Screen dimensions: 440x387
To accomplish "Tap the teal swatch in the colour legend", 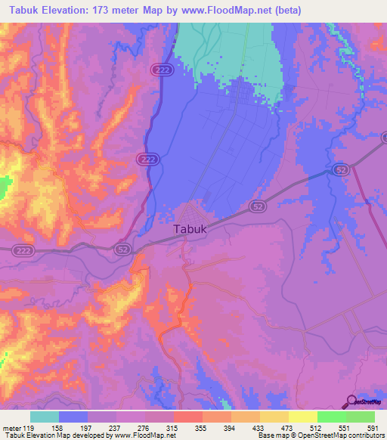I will pos(44,417).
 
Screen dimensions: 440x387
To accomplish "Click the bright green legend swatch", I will pos(331,417).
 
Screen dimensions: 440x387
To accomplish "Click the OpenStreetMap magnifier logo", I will pos(351,401).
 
